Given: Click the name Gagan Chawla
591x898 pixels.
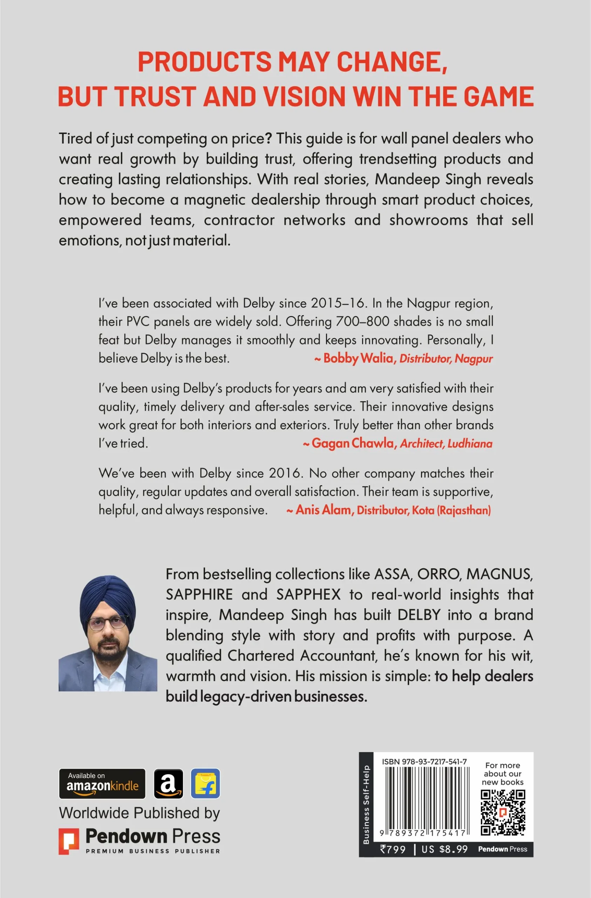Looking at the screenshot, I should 353,443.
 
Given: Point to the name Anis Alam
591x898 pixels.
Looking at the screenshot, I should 323,510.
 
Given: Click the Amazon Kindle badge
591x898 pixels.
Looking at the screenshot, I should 102,784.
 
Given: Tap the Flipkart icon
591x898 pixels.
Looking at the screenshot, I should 205,784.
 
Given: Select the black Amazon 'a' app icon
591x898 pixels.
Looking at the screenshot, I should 168,784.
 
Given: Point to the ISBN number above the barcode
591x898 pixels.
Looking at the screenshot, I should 424,762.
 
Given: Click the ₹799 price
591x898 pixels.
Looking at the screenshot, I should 393,849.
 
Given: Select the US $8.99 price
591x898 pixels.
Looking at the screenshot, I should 444,849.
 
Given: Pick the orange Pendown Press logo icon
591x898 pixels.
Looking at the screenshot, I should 69,841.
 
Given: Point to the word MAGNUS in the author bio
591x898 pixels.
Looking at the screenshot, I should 499,574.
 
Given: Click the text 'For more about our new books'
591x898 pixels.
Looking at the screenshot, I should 502,773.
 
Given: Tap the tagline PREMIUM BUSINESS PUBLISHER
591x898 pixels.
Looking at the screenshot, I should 153,851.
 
